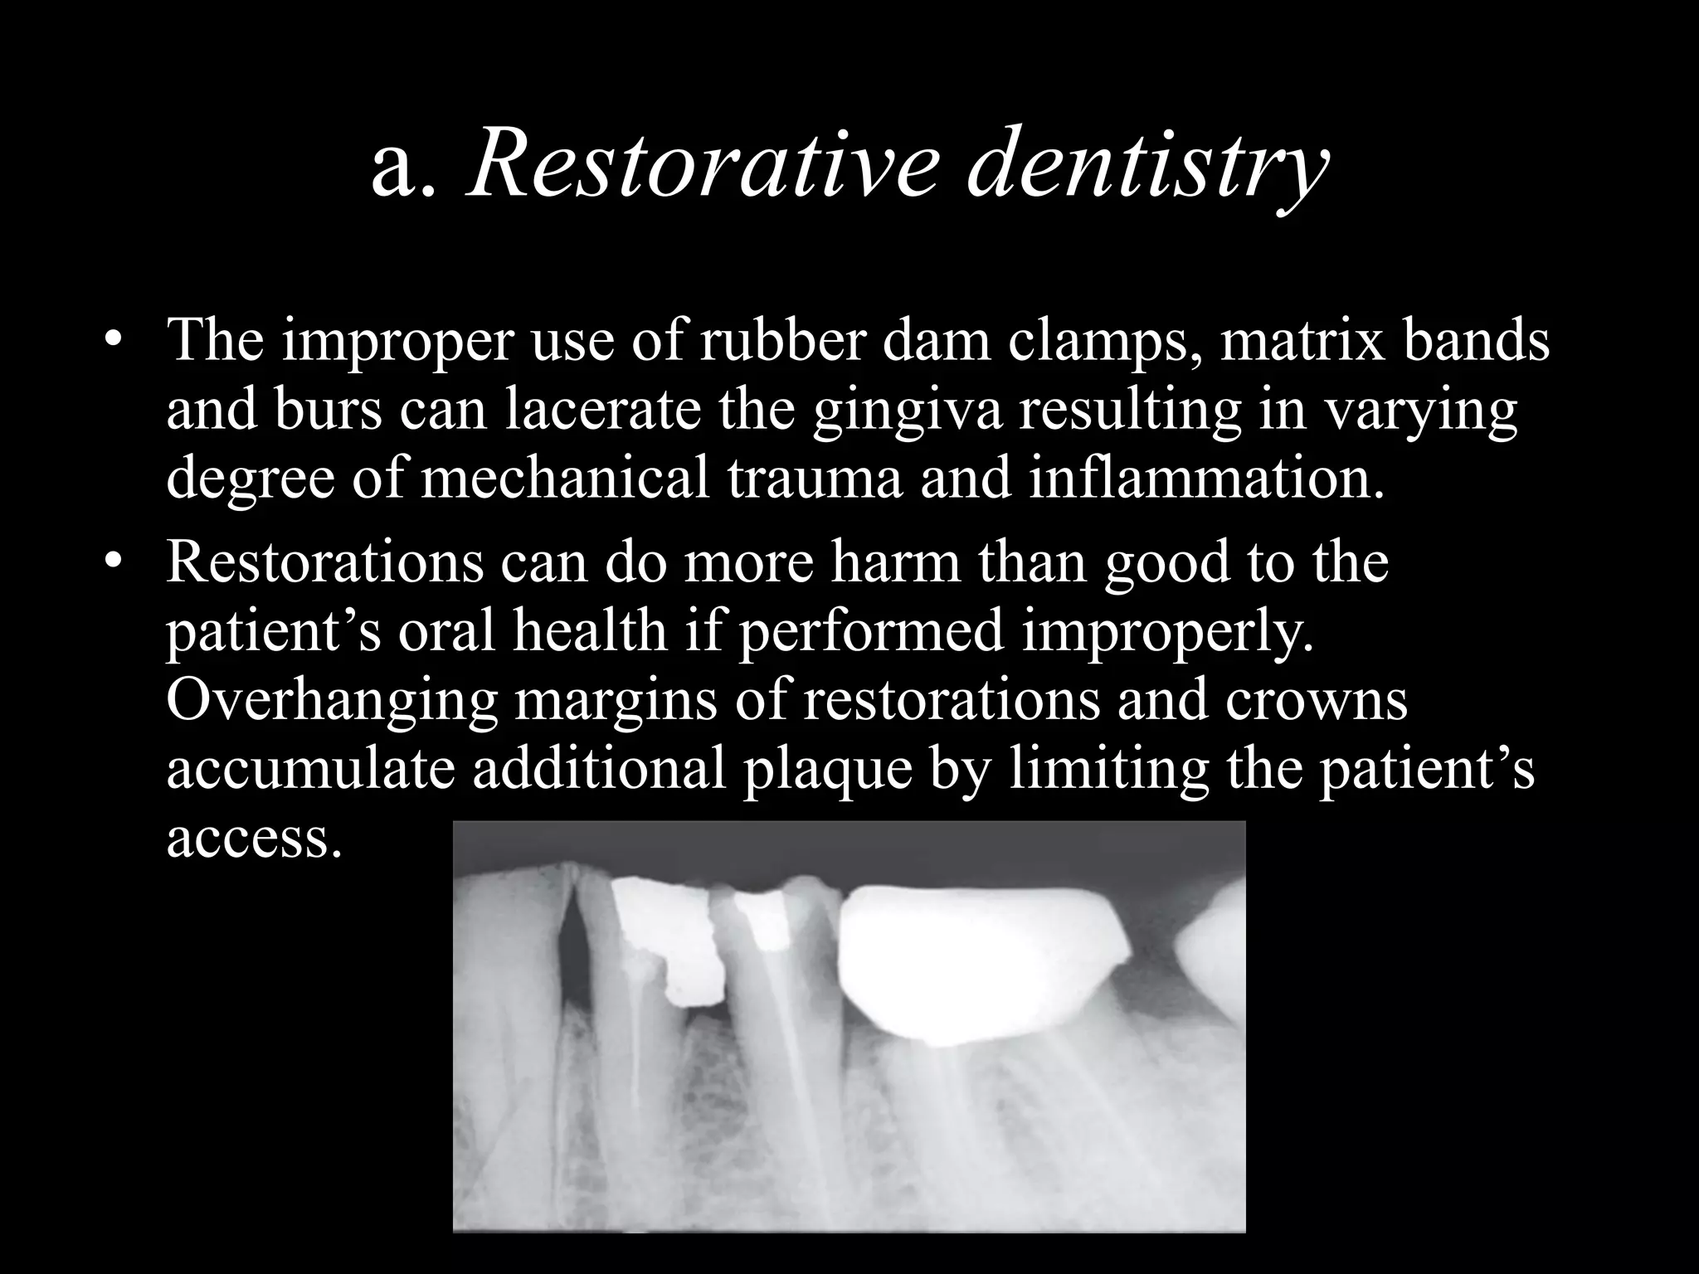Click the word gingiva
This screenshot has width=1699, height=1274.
click(x=907, y=412)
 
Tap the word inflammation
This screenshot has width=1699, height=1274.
click(x=1206, y=479)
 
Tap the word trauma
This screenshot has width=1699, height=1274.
click(x=814, y=480)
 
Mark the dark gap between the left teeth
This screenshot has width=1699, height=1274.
click(x=572, y=954)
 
